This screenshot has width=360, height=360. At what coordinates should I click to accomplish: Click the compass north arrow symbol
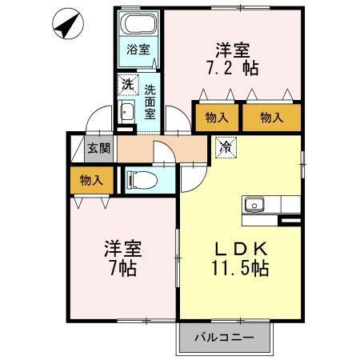tap(68, 26)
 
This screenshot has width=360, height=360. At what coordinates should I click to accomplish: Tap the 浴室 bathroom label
tap(138, 49)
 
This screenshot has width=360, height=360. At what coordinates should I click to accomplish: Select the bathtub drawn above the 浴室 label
tap(139, 24)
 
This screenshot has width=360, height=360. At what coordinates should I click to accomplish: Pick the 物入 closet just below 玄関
tap(91, 181)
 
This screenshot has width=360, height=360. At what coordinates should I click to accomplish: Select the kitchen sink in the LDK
tap(255, 205)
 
